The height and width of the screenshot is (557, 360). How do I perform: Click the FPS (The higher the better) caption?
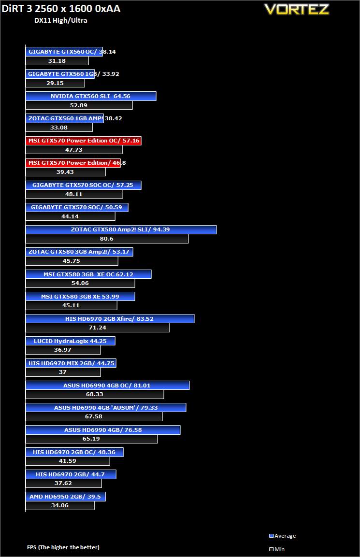63,547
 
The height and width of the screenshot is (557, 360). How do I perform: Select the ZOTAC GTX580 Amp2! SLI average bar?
121,229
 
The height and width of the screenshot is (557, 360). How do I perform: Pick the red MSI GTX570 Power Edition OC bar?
83,141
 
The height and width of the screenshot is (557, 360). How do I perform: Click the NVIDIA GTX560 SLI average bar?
91,96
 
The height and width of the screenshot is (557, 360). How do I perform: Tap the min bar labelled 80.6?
107,239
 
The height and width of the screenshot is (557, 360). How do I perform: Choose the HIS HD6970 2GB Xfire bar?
110,319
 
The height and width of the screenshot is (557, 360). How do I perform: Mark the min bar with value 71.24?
98,328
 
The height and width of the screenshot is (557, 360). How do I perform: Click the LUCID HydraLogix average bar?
71,341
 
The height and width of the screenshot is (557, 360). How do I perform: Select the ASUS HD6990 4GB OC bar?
107,386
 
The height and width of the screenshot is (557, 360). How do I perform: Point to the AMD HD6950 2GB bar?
65,497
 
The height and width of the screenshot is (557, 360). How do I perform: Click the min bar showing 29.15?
55,83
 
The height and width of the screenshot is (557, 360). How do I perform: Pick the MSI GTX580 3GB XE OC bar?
88,274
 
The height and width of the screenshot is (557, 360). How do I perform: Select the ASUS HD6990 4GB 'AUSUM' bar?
106,408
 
